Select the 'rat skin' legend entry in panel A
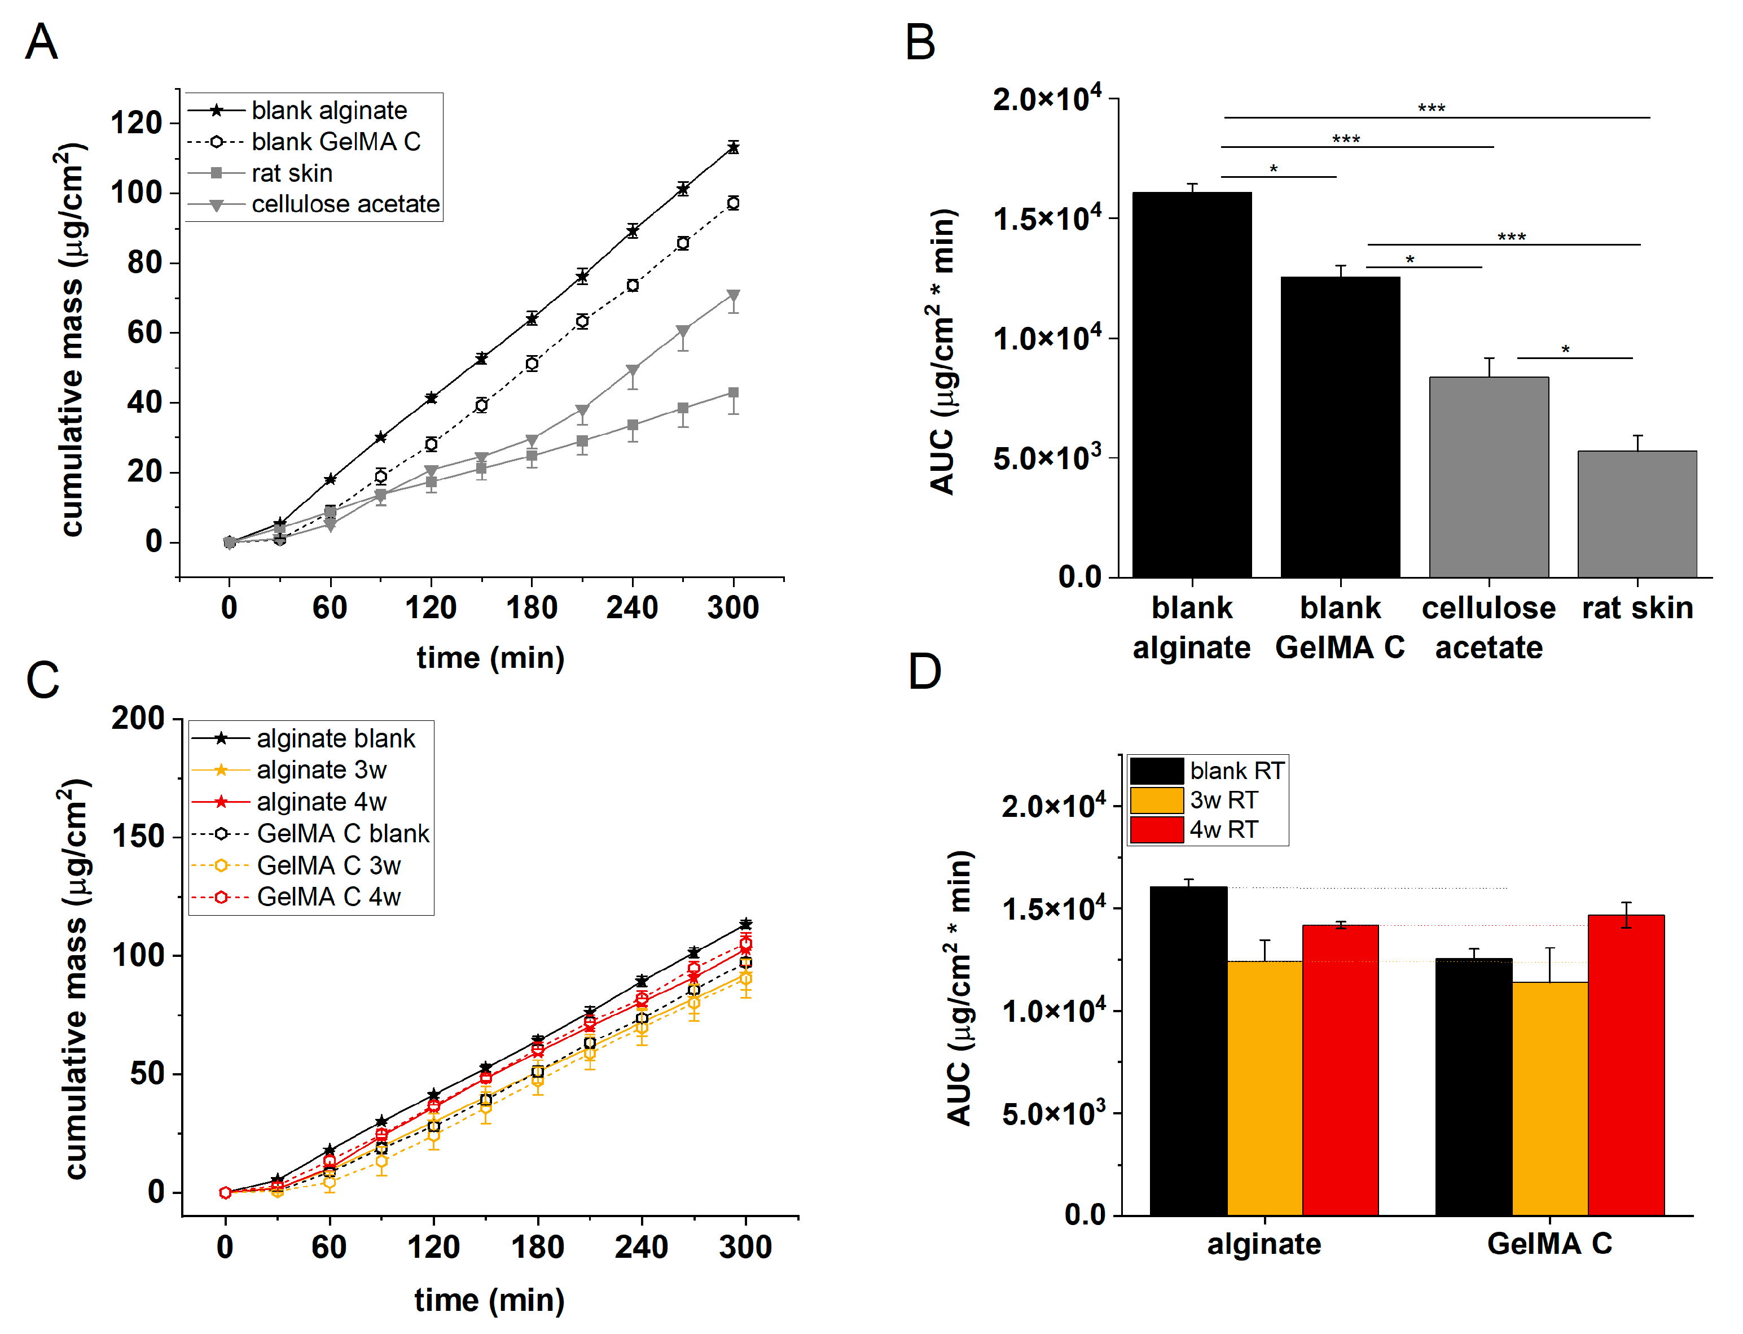291,173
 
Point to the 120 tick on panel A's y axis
137,123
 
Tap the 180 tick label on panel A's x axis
531,608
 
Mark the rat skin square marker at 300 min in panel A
734,393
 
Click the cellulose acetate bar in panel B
1488,476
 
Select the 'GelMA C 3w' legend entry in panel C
328,865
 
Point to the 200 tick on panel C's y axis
137,719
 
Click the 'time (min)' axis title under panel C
489,1301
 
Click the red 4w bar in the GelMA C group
1626,1064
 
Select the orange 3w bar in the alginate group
1265,1088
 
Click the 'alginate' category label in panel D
1263,1244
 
